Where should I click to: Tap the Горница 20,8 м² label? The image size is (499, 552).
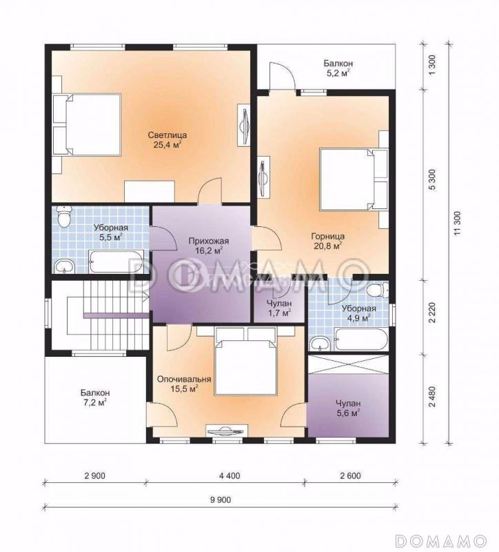(328, 241)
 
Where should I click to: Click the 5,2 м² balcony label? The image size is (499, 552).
(338, 68)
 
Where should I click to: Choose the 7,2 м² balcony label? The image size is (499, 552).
(95, 397)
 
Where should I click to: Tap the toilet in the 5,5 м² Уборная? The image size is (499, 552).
(64, 216)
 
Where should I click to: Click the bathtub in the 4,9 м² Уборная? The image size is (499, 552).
(361, 339)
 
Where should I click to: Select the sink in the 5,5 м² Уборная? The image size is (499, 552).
(65, 266)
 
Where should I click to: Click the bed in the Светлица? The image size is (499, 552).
(87, 125)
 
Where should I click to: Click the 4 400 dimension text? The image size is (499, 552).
(230, 476)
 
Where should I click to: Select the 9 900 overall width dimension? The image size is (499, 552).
(221, 500)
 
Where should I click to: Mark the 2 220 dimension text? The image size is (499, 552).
(432, 313)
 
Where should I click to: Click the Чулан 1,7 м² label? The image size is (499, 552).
(279, 308)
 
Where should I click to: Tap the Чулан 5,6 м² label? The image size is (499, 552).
(348, 408)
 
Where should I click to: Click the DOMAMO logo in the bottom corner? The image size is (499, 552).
(441, 540)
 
